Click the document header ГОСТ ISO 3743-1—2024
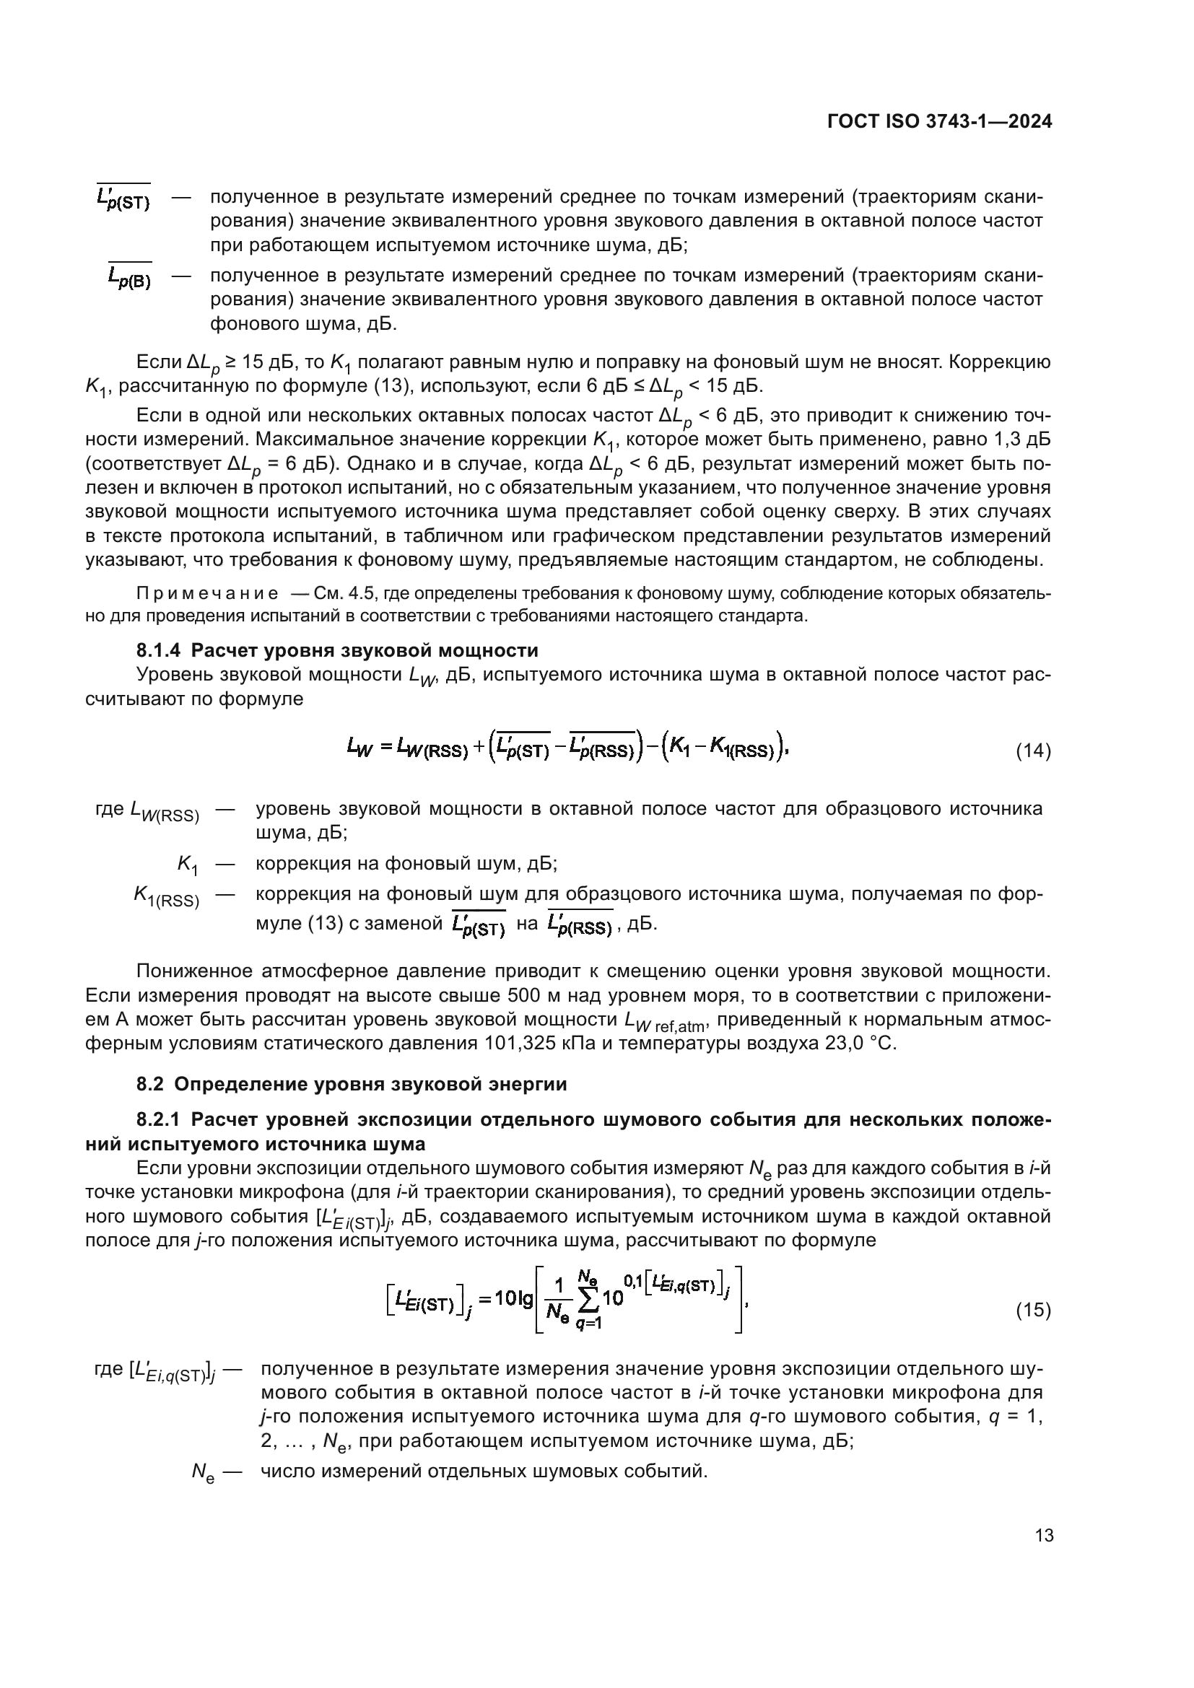(939, 122)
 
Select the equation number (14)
(1033, 751)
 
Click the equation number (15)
(1033, 1310)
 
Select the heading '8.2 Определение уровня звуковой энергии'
(352, 1085)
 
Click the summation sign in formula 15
(588, 1298)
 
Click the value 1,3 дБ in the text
(1021, 440)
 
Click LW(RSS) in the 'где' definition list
(164, 811)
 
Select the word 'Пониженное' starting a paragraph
(193, 971)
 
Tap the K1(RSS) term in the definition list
(166, 897)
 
